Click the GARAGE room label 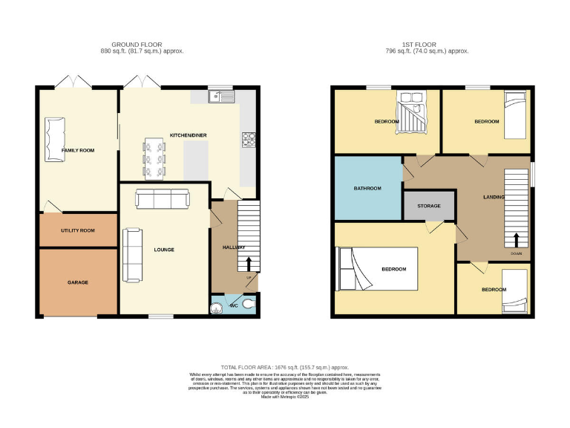click(78, 282)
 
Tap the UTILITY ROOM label click(78, 230)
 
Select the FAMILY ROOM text click(78, 151)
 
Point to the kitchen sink click(221, 95)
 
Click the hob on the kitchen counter click(248, 139)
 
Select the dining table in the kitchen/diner click(154, 158)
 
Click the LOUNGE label click(164, 250)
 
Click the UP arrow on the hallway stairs click(249, 263)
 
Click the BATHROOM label click(367, 189)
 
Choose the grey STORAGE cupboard click(429, 206)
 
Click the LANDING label click(494, 197)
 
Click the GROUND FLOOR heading click(142, 45)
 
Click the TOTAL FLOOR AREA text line click(285, 367)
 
